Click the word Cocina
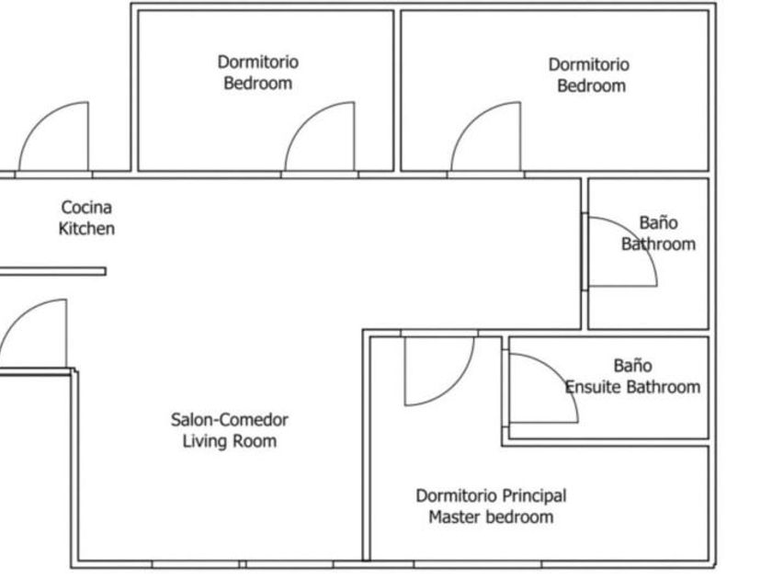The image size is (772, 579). click(86, 208)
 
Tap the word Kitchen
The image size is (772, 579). click(86, 229)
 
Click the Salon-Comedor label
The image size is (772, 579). click(230, 420)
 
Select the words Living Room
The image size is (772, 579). click(230, 441)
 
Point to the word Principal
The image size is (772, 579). click(529, 495)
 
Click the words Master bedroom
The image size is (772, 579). click(491, 517)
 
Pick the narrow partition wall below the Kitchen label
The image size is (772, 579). click(52, 271)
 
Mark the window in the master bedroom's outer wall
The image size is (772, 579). click(478, 564)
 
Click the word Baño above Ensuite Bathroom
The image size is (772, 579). click(632, 366)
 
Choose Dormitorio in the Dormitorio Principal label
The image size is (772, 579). click(452, 495)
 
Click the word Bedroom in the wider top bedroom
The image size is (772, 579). click(591, 86)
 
